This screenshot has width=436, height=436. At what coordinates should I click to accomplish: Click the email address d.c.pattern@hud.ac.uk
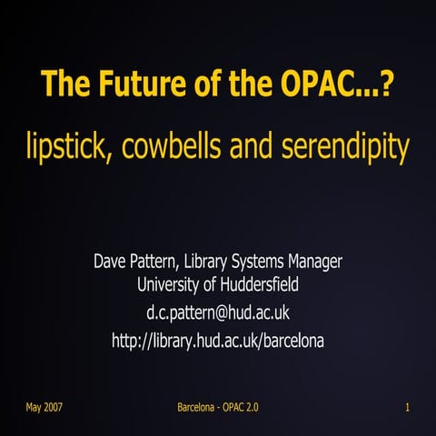[x=218, y=313]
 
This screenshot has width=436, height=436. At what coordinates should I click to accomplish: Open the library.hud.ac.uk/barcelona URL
[x=218, y=341]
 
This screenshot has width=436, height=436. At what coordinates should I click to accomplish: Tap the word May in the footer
[x=34, y=406]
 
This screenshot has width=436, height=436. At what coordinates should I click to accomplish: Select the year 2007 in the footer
[x=53, y=406]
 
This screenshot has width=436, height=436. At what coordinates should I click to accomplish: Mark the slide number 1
[x=408, y=406]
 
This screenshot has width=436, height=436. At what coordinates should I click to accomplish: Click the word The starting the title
[x=64, y=87]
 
